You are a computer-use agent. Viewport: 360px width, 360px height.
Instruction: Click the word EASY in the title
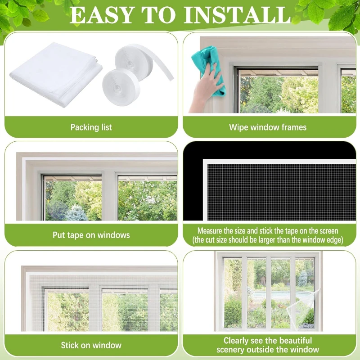[102, 15]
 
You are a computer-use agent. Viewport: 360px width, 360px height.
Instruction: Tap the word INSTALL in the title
[238, 15]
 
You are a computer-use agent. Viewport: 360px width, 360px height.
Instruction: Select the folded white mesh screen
[56, 75]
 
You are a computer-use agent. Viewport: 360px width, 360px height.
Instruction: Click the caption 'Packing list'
[91, 127]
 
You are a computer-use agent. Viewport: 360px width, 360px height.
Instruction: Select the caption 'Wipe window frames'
[268, 127]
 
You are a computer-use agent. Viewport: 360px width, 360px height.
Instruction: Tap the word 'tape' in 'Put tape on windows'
[75, 235]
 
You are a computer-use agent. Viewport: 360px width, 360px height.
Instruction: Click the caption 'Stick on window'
[91, 345]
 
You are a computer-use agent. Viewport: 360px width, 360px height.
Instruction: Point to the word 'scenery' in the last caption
[230, 350]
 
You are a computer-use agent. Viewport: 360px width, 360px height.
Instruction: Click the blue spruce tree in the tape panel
[76, 213]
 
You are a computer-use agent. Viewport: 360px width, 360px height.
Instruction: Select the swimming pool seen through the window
[280, 295]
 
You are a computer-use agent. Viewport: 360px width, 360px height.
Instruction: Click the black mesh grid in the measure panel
[282, 192]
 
